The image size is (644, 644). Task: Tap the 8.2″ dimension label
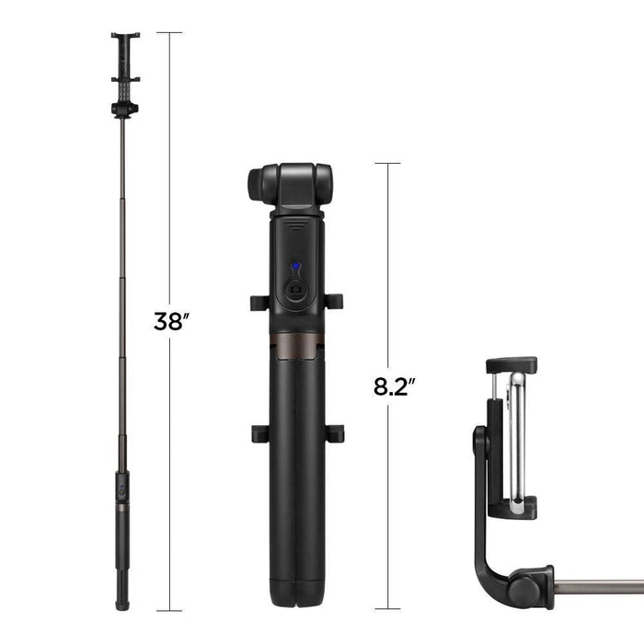pyautogui.click(x=391, y=385)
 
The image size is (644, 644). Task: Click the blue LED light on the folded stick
pyautogui.click(x=294, y=268)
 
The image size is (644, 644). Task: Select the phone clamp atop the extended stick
pyautogui.click(x=125, y=61)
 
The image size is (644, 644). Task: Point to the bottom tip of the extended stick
pyautogui.click(x=121, y=604)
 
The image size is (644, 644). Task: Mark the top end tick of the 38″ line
pyautogui.click(x=168, y=33)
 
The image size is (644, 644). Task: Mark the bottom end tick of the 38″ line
pyautogui.click(x=168, y=610)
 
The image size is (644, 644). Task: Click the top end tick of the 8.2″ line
pyautogui.click(x=387, y=164)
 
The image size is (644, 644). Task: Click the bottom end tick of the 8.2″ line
pyautogui.click(x=387, y=609)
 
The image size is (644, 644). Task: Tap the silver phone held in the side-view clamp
pyautogui.click(x=518, y=437)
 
